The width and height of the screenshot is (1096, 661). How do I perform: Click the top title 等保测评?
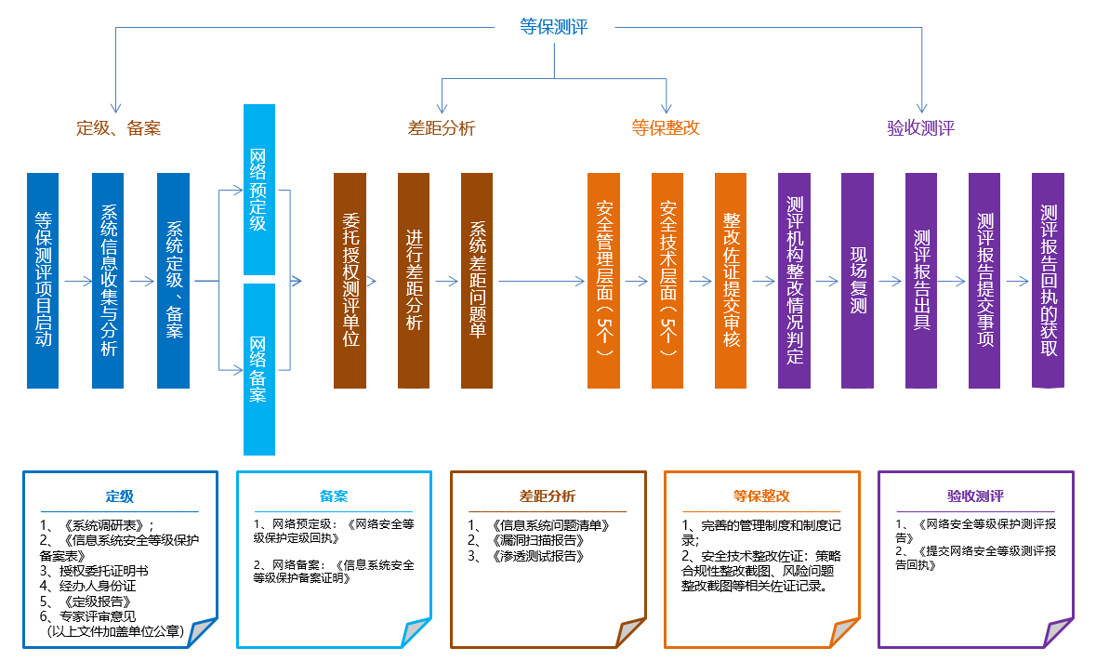(554, 27)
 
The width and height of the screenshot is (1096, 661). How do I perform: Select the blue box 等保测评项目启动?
(43, 280)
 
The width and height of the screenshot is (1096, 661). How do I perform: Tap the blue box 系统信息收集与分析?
(108, 280)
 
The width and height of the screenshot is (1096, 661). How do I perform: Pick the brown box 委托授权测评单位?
(350, 280)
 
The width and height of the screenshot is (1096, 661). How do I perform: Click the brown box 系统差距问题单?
(477, 280)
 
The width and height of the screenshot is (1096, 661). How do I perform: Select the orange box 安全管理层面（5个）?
(603, 280)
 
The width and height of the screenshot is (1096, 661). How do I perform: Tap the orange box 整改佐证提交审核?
(731, 280)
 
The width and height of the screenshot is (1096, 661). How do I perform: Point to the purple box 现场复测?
(857, 280)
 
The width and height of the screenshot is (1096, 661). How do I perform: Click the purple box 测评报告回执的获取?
(1049, 280)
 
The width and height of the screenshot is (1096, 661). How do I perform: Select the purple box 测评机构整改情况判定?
(794, 280)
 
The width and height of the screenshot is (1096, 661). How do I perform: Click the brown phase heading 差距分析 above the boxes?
(442, 128)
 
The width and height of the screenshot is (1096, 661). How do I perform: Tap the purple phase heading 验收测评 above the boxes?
(920, 128)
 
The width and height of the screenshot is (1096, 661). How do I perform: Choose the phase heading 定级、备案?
(118, 128)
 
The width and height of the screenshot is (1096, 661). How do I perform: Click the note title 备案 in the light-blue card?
(334, 496)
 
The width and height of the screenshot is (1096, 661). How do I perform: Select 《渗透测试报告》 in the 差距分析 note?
(533, 556)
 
